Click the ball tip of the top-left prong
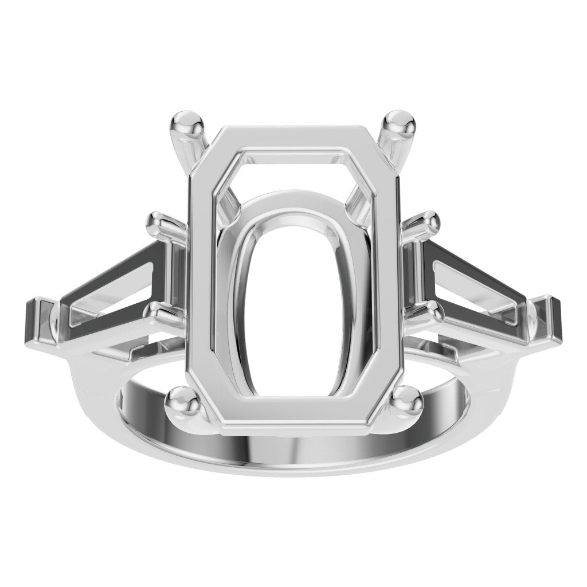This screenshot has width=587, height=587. pyautogui.click(x=190, y=122)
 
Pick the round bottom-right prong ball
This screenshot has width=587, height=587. pyautogui.click(x=406, y=399)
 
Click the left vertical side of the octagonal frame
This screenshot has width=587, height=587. pyautogui.click(x=201, y=275)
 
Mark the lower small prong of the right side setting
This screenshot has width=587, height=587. pyautogui.click(x=428, y=312)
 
